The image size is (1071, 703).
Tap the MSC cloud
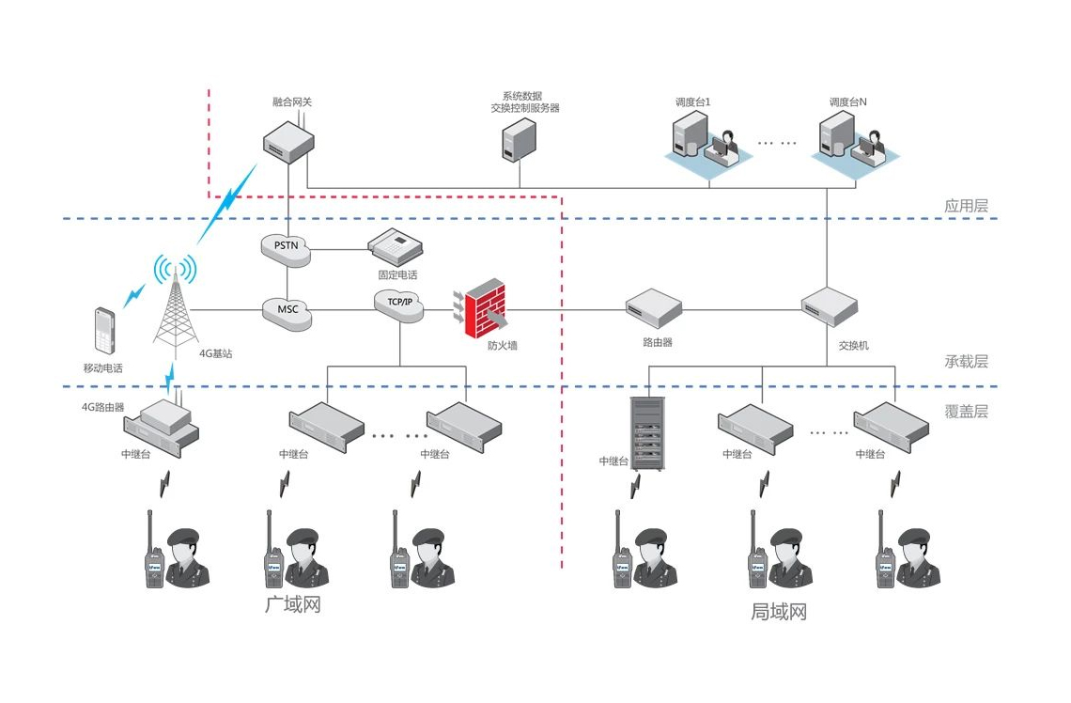[x=287, y=310]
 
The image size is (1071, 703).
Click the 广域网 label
[x=294, y=603]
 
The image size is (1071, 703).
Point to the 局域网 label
[x=779, y=612]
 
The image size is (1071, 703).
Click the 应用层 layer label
[x=967, y=206]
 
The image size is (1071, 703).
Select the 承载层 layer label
[x=967, y=361]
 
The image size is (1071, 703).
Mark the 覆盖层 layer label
[x=967, y=411]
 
